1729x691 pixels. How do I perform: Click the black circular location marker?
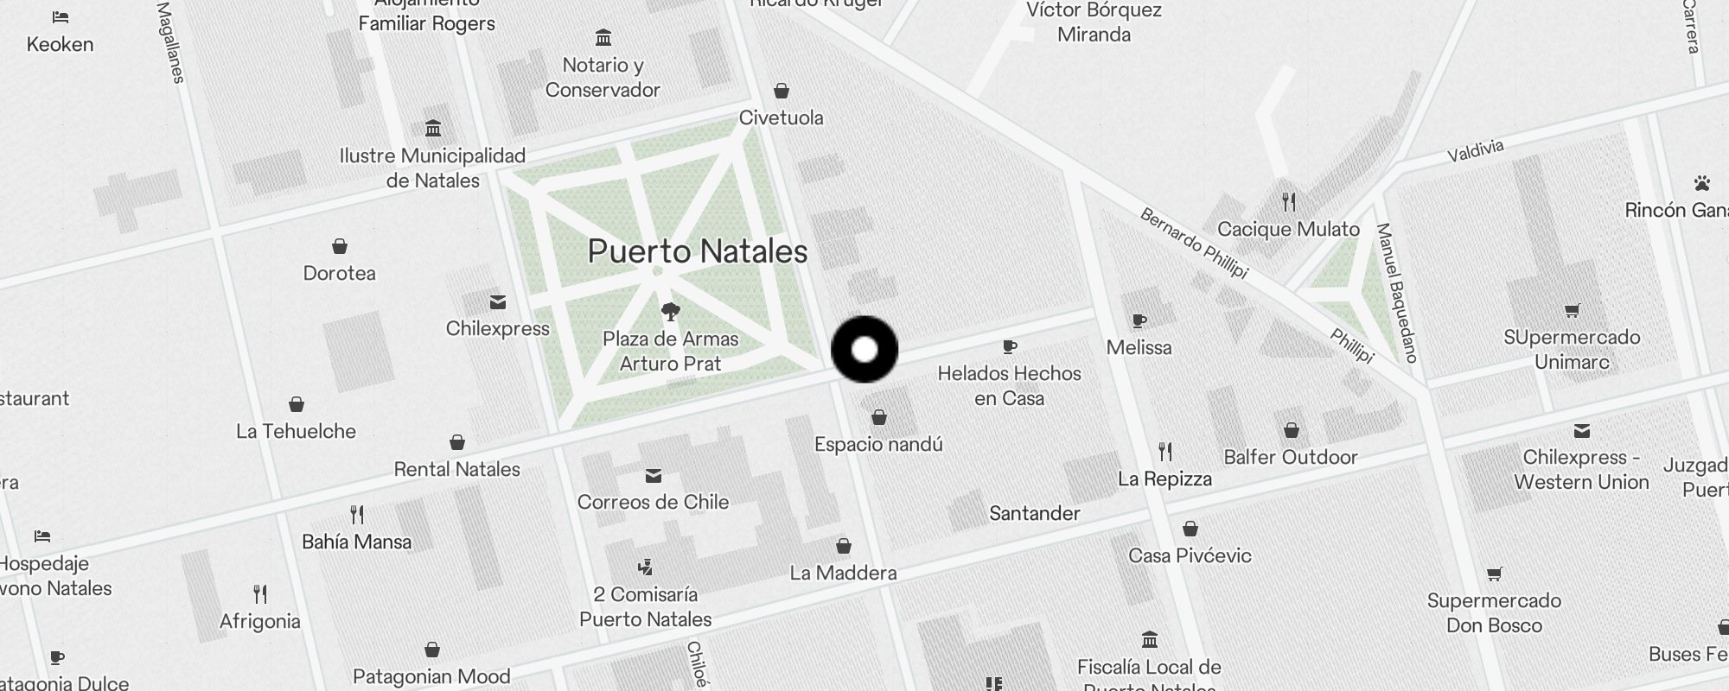click(x=864, y=349)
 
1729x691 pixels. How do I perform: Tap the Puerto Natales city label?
click(x=697, y=251)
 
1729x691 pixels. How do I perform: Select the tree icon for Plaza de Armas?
click(x=670, y=311)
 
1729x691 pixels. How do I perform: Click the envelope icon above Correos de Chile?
click(x=654, y=476)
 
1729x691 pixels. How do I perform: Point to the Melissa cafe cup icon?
click(x=1139, y=321)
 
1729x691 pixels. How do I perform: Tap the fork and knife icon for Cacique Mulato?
click(x=1289, y=202)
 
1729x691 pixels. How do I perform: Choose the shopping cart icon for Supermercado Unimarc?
click(x=1572, y=311)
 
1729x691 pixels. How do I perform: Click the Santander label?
click(x=1034, y=513)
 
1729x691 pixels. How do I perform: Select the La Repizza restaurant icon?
click(x=1165, y=451)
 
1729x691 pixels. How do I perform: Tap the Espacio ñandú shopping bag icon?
click(x=879, y=418)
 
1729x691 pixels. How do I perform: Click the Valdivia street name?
click(x=1476, y=150)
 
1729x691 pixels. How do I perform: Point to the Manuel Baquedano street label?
click(x=1396, y=292)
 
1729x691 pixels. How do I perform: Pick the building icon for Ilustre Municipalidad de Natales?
click(x=433, y=129)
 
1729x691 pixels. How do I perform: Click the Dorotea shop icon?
click(x=340, y=247)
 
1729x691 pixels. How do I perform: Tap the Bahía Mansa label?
click(x=356, y=542)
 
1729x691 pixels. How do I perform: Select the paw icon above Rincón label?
click(x=1702, y=183)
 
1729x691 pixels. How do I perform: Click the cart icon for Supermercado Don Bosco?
click(x=1494, y=574)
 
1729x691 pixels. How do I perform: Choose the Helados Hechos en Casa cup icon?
click(x=1009, y=347)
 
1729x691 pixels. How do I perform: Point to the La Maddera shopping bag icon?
click(x=844, y=546)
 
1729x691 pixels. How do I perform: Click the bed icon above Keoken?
click(x=60, y=17)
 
